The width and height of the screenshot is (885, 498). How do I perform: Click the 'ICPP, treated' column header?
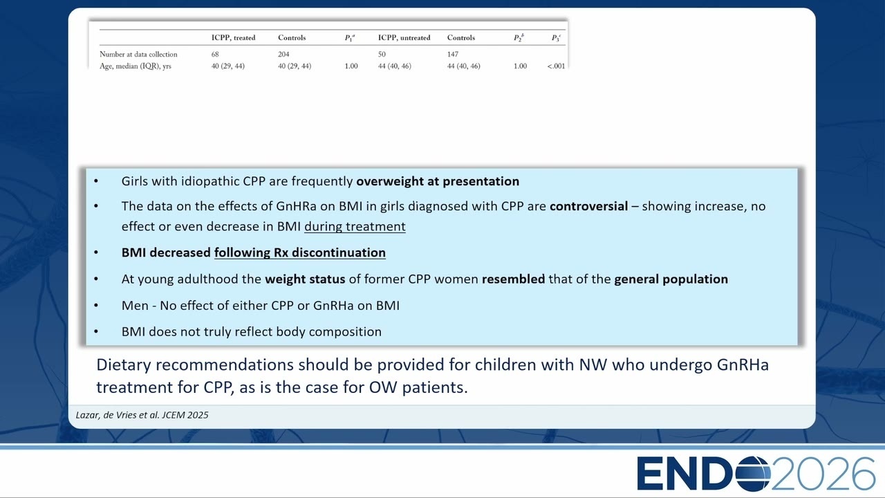233,37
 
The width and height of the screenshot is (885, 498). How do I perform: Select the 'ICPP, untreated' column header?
404,37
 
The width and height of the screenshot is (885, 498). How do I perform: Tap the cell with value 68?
215,54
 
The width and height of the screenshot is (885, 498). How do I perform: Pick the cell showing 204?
283,54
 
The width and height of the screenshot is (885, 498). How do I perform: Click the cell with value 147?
453,54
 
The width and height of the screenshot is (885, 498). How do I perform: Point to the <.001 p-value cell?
556,66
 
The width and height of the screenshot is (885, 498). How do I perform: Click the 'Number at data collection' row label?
138,54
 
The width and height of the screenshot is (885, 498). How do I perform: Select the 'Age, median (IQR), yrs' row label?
135,66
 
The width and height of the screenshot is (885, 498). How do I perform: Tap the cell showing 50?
382,54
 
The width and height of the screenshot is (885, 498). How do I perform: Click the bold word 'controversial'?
588,206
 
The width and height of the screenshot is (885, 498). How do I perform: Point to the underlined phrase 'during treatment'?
355,226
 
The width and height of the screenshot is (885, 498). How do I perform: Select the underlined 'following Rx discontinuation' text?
300,252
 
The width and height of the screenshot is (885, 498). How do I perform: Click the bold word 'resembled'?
513,279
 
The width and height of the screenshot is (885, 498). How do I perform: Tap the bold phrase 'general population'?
671,279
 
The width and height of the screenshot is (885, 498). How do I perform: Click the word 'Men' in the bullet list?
135,306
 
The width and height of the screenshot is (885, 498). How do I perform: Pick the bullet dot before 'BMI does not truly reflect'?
96,331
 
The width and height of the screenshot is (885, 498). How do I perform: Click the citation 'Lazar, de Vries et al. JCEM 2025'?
142,415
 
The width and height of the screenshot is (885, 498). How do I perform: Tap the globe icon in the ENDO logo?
753,474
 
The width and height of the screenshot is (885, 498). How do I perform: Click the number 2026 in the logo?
823,474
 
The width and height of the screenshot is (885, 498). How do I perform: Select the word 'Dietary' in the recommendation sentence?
124,365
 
